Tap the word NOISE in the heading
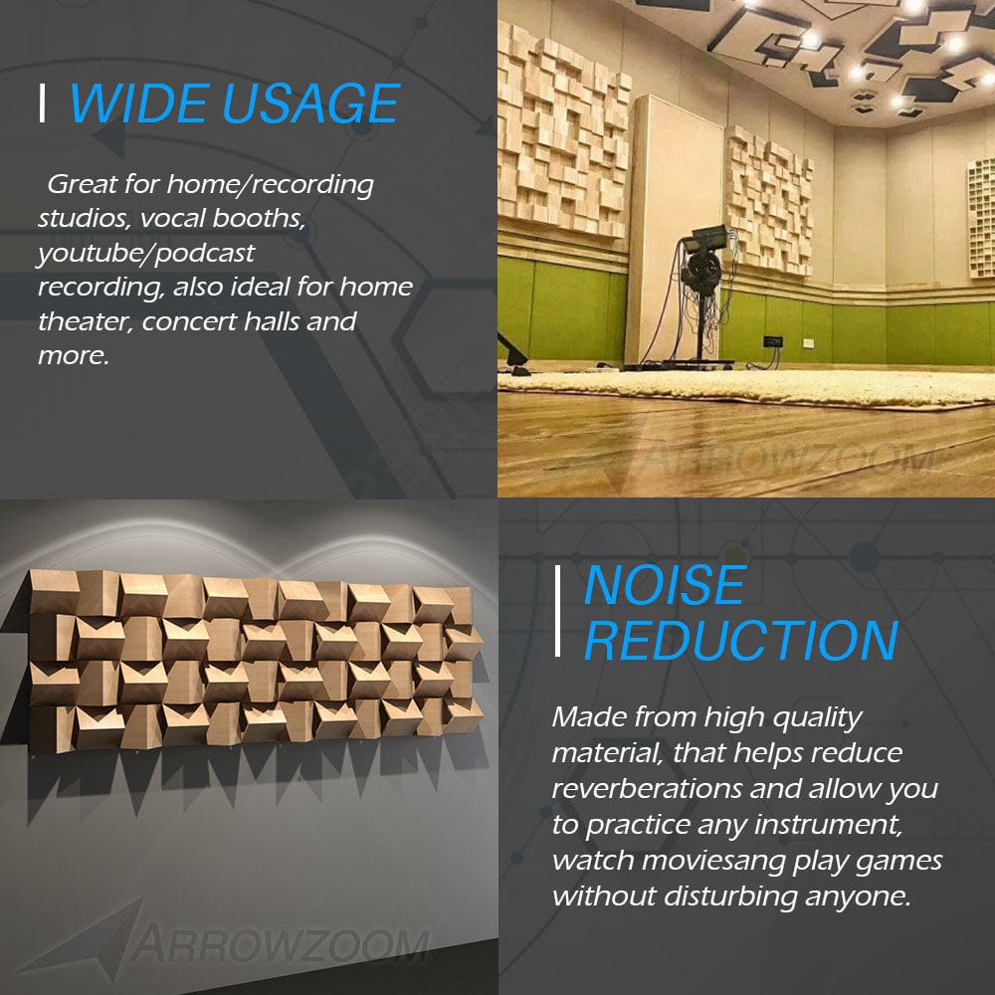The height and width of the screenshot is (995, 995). click(x=664, y=585)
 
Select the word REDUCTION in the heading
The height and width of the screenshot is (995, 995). click(x=740, y=640)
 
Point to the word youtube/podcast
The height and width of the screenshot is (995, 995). click(x=146, y=254)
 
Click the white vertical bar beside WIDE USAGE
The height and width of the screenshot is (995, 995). click(x=42, y=103)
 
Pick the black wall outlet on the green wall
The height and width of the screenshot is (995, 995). click(x=773, y=342)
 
